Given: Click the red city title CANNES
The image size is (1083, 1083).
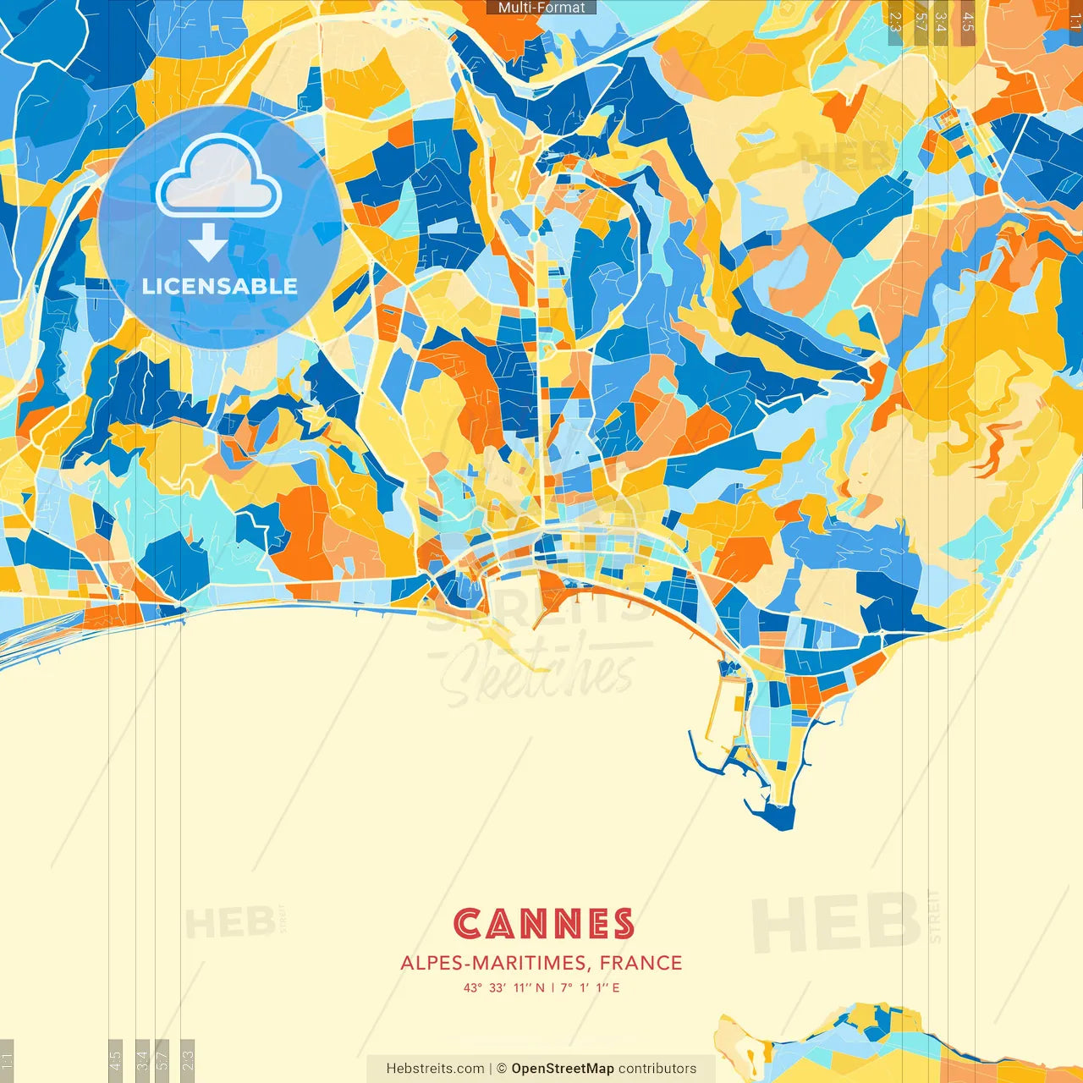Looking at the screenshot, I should [543, 924].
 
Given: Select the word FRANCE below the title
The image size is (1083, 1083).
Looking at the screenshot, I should [640, 963].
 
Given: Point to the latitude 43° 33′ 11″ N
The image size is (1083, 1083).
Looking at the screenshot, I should [503, 987].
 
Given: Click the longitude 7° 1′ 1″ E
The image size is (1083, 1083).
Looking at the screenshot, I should [590, 987].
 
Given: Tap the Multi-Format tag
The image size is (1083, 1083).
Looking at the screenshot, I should [541, 8].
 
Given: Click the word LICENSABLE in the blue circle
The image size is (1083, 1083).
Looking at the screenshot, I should [220, 286].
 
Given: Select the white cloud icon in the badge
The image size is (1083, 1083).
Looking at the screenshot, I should [218, 178].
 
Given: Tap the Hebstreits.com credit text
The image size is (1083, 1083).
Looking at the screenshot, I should [435, 1069].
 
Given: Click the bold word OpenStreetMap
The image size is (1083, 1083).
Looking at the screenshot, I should [562, 1069].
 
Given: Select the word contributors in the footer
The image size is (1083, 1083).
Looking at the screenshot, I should [657, 1069].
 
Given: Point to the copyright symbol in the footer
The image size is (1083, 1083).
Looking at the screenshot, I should [502, 1069].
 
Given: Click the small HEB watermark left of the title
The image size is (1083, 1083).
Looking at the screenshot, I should [229, 922].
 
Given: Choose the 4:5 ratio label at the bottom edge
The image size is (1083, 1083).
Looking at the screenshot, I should [116, 1059].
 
